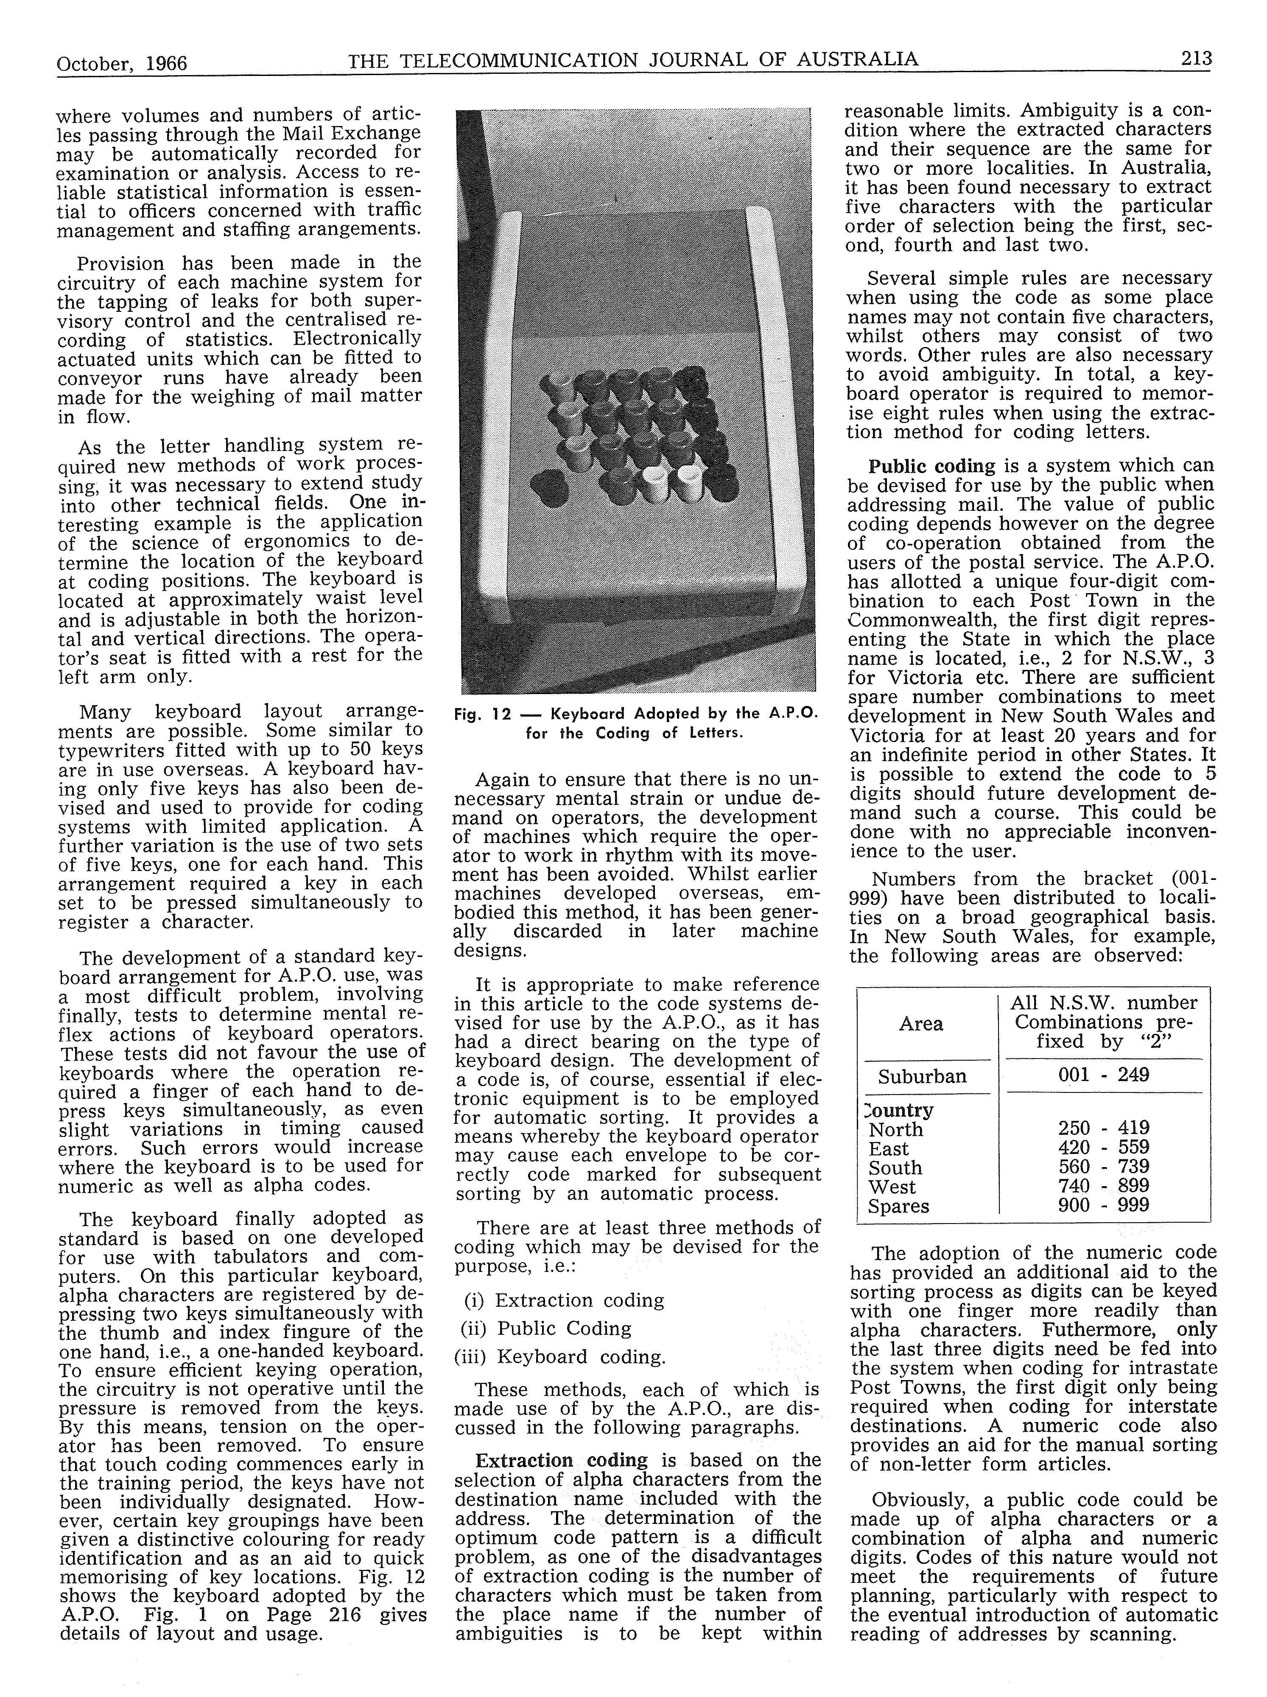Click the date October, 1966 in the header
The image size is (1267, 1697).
[x=122, y=62]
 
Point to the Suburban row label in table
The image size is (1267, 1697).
[x=922, y=1076]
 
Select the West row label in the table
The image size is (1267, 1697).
[x=892, y=1187]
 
